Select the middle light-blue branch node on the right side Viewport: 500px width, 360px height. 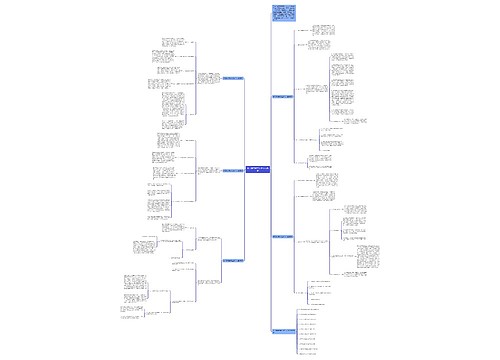point(286,236)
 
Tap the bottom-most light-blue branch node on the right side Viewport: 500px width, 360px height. point(284,330)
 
